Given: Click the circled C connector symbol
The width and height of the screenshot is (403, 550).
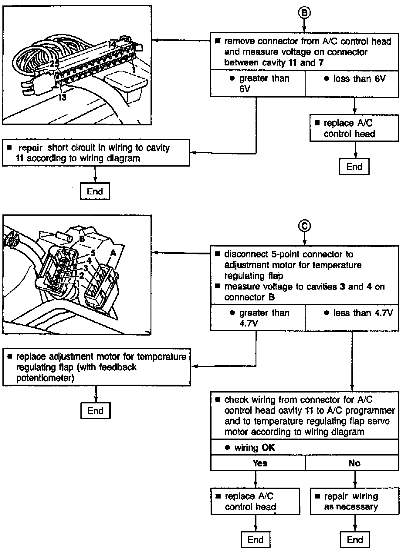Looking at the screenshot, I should [x=304, y=226].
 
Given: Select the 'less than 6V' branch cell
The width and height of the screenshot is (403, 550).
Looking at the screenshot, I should [x=352, y=84].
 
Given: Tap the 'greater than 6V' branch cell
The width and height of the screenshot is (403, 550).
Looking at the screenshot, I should [x=258, y=84].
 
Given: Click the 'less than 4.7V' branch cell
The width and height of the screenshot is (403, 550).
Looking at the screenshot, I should [x=352, y=318].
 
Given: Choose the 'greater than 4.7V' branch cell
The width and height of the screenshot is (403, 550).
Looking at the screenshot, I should [x=258, y=318].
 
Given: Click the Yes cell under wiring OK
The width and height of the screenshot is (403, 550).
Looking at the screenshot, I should [x=258, y=463].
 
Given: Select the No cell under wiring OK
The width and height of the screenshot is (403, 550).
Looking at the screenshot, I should [x=352, y=463].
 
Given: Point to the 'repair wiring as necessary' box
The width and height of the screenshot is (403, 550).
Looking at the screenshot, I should [x=354, y=501].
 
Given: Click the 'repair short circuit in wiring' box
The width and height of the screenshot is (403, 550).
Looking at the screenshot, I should [x=96, y=153].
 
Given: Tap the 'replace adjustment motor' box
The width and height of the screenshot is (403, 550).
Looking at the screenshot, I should [x=97, y=367].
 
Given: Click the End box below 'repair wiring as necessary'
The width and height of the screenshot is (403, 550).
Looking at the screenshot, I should [x=355, y=539].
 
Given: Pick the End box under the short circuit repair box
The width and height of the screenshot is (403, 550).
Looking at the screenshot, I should [x=95, y=191].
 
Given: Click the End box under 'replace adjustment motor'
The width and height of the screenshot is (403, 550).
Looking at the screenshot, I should [x=96, y=411].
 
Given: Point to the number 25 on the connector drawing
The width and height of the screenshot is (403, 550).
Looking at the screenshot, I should [x=55, y=64].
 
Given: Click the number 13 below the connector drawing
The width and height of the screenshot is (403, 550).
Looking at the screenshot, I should [x=62, y=98].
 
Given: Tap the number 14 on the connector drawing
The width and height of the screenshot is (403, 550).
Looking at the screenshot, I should [x=112, y=44].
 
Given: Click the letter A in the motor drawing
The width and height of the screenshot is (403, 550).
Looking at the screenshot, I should [x=113, y=253].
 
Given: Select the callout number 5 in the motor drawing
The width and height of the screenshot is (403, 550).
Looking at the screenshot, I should [x=93, y=253].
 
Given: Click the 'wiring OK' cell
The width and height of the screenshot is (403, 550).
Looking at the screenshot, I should [x=304, y=447].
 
